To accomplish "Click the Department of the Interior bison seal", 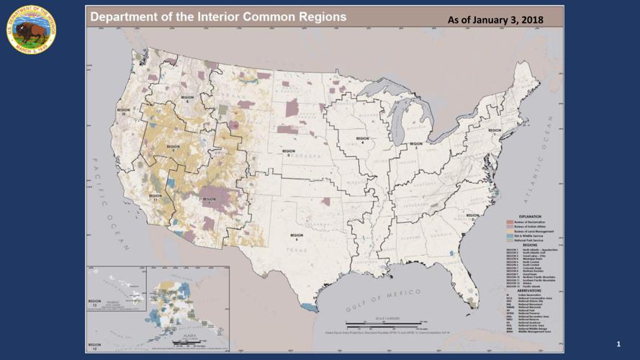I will tap(31, 29).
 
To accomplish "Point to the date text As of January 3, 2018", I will tap(495, 19).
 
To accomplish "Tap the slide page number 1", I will tap(618, 346).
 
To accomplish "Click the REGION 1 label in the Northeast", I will tap(495, 130).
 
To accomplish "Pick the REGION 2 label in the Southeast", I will tap(472, 215).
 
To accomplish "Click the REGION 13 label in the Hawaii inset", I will tap(94, 302).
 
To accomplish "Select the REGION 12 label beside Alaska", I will tap(94, 346).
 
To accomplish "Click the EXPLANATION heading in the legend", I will tap(530, 216).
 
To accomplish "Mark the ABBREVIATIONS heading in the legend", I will tap(530, 290).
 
